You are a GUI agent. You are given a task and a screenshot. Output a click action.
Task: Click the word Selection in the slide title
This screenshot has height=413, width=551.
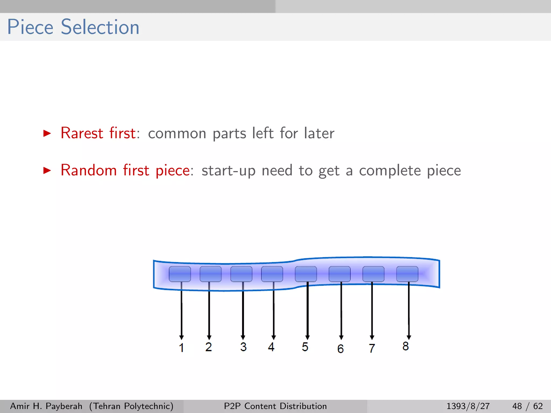coord(100,27)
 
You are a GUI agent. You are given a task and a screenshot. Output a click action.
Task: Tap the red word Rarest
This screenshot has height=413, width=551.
coord(82,133)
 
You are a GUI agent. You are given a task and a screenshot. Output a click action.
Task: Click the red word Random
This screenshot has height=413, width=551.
coord(89,170)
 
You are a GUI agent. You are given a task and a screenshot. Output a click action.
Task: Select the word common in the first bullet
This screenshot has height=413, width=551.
coord(177,134)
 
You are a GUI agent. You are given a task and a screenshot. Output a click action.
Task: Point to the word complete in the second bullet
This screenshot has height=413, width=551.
coord(390,171)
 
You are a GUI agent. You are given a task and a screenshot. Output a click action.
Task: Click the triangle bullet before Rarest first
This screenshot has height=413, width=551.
coord(47,133)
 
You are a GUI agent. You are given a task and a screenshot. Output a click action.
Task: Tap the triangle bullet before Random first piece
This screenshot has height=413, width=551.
coord(47,170)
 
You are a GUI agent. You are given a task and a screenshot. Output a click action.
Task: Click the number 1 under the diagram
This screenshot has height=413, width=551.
coord(182,348)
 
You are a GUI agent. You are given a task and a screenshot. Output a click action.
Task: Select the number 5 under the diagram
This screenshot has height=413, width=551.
coord(305,347)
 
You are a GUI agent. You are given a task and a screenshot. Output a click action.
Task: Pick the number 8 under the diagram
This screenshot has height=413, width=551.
coord(405,346)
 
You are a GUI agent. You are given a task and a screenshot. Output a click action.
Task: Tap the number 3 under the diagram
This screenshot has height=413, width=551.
coord(243,347)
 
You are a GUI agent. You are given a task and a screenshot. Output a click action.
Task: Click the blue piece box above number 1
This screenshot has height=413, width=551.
coord(180,274)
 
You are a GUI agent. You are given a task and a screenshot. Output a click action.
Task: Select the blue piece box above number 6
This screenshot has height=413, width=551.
coord(340,274)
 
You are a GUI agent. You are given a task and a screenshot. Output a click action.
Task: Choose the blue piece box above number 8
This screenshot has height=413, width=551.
coord(407,274)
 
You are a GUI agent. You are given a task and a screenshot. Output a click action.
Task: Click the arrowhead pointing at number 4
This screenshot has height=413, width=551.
coord(274,338)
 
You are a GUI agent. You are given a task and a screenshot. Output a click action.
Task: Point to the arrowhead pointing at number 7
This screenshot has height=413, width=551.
coord(372,338)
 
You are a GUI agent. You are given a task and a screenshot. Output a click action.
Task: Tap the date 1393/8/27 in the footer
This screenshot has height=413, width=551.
coord(468,406)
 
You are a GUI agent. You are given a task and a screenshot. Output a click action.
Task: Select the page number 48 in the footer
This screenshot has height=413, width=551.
coord(517,406)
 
